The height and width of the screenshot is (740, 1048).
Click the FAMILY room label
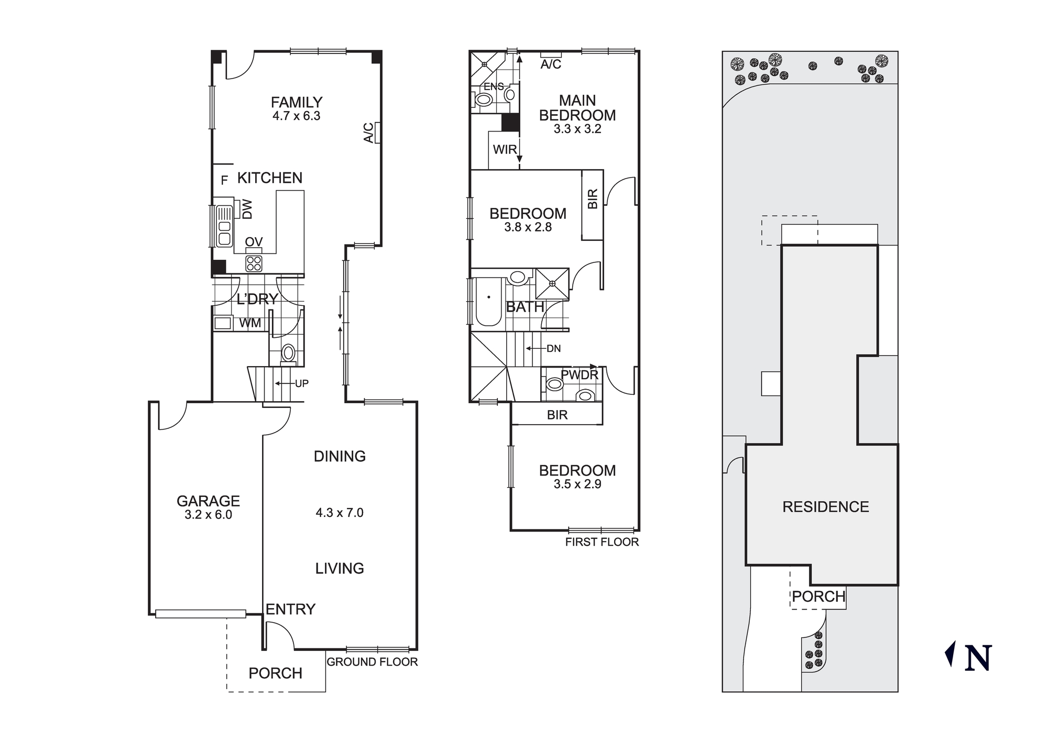tap(296, 102)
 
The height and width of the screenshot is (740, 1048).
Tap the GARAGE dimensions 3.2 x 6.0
tap(208, 515)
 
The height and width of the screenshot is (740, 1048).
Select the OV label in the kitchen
tap(254, 242)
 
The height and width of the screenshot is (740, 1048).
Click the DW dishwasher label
tap(247, 209)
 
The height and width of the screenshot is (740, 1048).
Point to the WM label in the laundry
tap(250, 323)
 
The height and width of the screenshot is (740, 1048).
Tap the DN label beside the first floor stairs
tap(553, 349)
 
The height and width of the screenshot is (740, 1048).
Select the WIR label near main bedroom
tap(505, 150)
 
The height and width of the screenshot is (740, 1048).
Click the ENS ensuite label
tap(494, 87)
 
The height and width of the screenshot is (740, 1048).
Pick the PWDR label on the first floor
tap(579, 375)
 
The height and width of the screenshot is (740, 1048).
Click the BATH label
tap(525, 307)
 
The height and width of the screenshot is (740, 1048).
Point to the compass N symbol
tap(977, 658)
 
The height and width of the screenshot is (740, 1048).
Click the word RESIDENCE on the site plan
tap(825, 506)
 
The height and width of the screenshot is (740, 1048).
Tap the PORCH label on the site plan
tap(818, 597)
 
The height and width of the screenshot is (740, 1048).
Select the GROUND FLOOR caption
tap(372, 662)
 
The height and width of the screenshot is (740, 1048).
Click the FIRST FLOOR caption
tap(602, 542)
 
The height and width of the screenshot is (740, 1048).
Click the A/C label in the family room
tap(369, 132)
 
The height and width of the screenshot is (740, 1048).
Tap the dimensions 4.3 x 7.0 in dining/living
tap(339, 513)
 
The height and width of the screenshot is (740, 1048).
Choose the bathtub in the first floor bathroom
tap(488, 303)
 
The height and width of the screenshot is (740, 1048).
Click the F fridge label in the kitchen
tap(224, 181)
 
